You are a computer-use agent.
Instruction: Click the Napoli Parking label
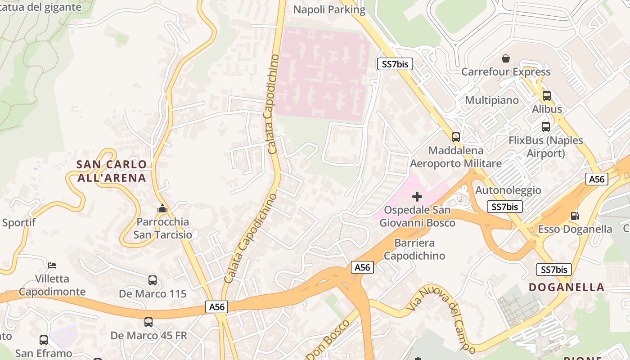point(329,9)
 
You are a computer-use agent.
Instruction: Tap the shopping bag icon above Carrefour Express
point(506,58)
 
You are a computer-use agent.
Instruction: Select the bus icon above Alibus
point(547,95)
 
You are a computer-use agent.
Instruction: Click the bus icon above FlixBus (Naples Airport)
point(546,127)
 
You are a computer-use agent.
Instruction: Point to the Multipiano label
point(492,100)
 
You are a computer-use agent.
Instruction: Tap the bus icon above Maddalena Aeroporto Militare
point(456,137)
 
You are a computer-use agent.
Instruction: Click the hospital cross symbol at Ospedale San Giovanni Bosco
point(417,197)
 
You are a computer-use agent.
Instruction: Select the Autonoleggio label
point(508,190)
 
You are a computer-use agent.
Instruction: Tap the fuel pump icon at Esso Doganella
point(575,216)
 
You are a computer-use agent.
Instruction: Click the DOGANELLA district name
point(567,287)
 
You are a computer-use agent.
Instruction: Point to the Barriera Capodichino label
point(414,249)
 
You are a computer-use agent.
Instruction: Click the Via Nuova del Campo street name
point(441,319)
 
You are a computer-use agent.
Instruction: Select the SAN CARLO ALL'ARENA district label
point(112,171)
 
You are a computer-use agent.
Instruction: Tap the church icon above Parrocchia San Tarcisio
point(162,209)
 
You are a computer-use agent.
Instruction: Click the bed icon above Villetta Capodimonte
point(53,265)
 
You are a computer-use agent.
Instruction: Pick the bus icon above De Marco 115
point(153,280)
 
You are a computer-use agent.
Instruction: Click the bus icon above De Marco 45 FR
point(148,322)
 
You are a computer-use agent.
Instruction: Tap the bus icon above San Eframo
point(44,340)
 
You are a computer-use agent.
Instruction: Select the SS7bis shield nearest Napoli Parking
point(395,64)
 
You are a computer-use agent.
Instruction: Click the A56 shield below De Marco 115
point(217,307)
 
